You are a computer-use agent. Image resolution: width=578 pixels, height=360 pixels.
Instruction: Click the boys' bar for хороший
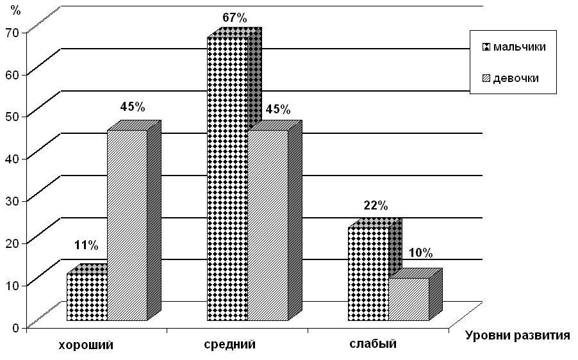click(x=87, y=297)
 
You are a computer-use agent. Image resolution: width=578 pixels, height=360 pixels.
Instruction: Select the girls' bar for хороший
click(x=127, y=225)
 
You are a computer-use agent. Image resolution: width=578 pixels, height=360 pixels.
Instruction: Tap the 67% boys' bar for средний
click(x=227, y=179)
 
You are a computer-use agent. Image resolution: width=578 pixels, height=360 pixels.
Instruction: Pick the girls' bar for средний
click(x=268, y=225)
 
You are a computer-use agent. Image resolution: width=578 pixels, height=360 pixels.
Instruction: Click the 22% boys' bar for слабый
click(x=368, y=274)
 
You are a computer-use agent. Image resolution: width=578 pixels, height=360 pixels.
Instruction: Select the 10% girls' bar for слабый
click(x=409, y=299)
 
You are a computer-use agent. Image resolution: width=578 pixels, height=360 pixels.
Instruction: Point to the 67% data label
click(x=235, y=17)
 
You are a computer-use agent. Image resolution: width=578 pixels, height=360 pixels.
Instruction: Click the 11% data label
click(x=86, y=245)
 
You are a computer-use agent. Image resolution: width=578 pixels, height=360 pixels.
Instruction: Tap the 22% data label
click(x=376, y=206)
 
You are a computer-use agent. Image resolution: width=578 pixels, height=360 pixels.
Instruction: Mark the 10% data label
click(x=420, y=252)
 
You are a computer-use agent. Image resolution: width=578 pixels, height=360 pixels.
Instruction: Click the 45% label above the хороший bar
click(x=132, y=105)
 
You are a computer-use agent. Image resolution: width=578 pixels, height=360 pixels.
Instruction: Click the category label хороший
click(x=86, y=345)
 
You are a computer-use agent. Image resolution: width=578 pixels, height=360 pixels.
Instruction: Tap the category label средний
click(x=229, y=345)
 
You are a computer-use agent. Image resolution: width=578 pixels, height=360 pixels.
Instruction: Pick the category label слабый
click(x=373, y=344)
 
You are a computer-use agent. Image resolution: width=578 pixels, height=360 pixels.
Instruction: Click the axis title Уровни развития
click(x=517, y=336)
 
